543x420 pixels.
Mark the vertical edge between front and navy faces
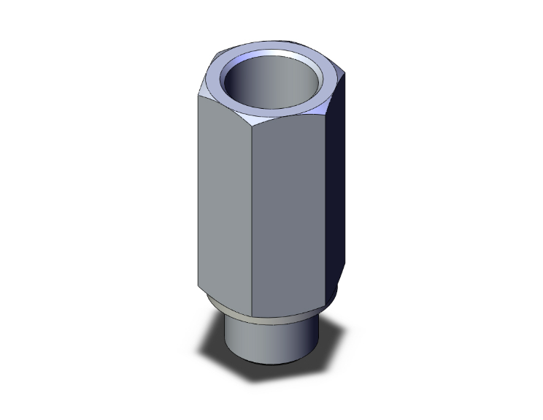(x=326, y=197)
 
